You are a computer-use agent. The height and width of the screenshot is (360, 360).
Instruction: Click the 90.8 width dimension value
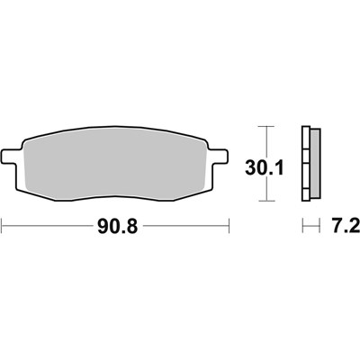click(x=116, y=224)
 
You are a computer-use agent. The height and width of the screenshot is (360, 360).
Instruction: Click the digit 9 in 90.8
click(x=99, y=224)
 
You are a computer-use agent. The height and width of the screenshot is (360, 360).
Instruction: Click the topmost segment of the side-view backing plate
click(x=308, y=129)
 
